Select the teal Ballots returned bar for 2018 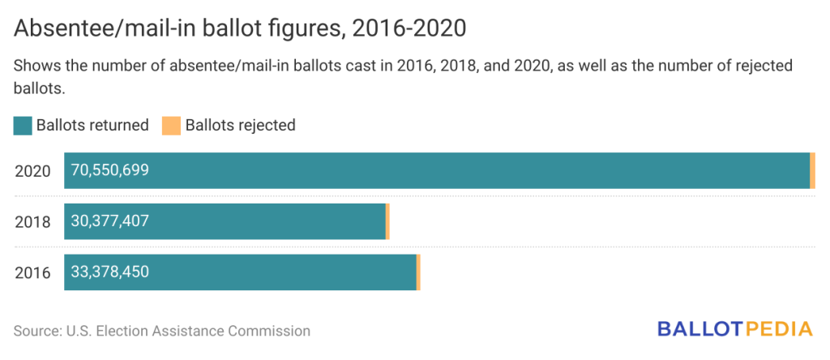pos(267,221)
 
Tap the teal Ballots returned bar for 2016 pos(284,272)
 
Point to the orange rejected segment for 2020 pos(812,170)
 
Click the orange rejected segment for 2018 pos(387,221)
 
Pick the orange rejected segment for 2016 pos(418,272)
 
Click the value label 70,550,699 pos(110,170)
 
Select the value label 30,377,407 pos(110,221)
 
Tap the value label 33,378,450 pos(110,272)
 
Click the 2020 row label pos(32,171)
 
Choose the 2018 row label pos(32,222)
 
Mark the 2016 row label pos(32,272)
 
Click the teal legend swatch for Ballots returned pos(23,125)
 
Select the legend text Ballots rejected pos(240,125)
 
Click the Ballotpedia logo pos(734,328)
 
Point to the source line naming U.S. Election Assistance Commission pos(162,331)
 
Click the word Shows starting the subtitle pos(35,66)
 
